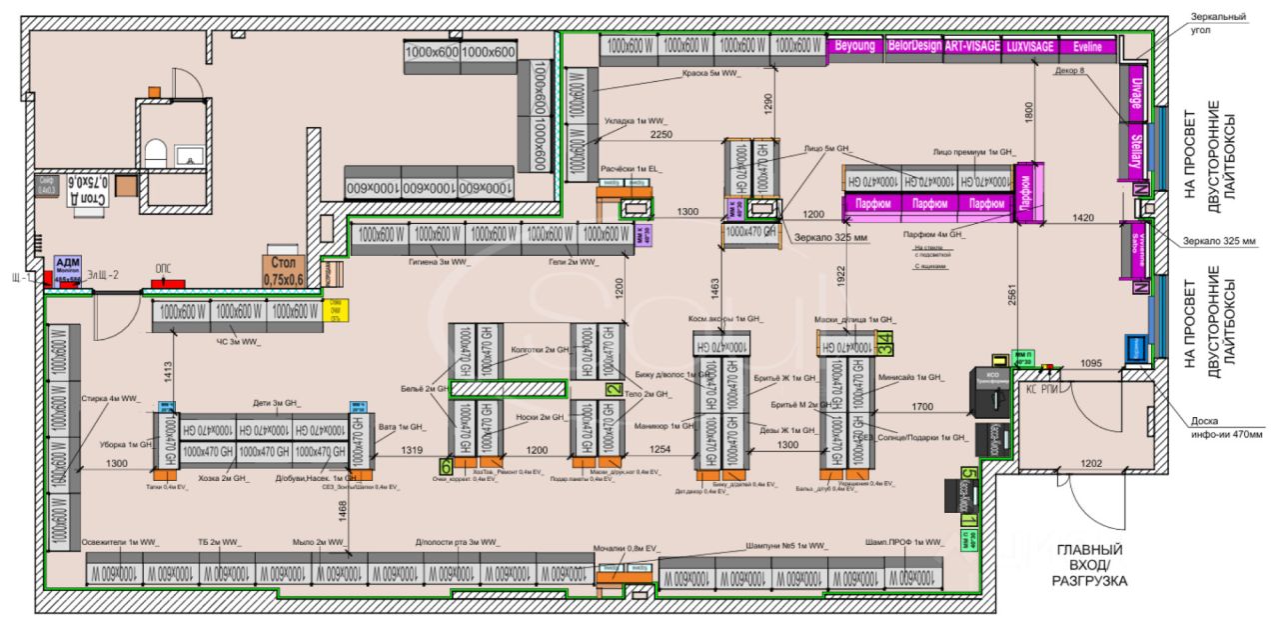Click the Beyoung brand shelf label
(x=855, y=47)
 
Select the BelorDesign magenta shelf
(x=913, y=47)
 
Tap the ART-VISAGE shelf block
(x=971, y=47)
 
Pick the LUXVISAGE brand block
(x=1030, y=47)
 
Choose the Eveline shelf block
(x=1086, y=47)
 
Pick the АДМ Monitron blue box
(x=67, y=267)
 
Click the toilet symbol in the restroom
(x=155, y=154)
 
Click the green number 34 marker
(x=884, y=342)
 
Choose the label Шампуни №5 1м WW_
(x=787, y=547)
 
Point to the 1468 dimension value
(x=342, y=510)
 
